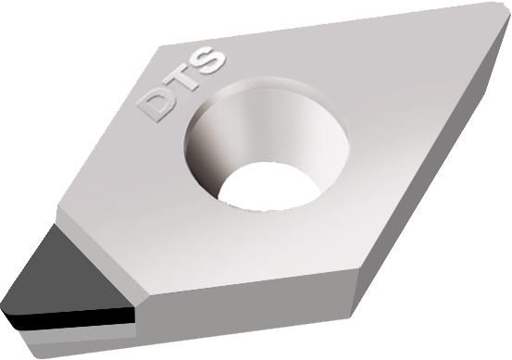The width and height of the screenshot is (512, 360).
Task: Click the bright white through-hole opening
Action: click(x=268, y=187)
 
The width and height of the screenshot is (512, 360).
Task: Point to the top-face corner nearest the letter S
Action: click(x=159, y=46)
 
